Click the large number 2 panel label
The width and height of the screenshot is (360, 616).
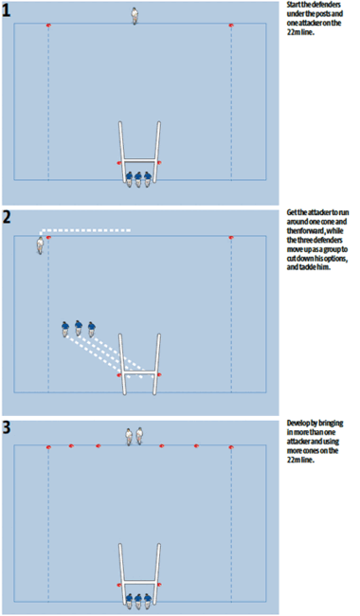point(8,217)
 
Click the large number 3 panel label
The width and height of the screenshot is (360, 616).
point(8,426)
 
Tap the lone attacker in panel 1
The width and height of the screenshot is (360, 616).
point(135,16)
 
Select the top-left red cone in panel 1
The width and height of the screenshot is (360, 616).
point(48,25)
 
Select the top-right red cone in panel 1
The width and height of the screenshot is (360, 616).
point(231,25)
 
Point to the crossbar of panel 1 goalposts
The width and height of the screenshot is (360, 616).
point(139,160)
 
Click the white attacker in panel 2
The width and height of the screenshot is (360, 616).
point(40,245)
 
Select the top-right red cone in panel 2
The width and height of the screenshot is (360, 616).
point(231,237)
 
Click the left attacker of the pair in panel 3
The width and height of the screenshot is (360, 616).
point(130,436)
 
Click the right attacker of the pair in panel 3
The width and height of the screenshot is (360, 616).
point(141,436)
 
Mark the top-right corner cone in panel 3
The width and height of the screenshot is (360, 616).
point(231,445)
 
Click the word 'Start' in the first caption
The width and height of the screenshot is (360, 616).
point(295,6)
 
